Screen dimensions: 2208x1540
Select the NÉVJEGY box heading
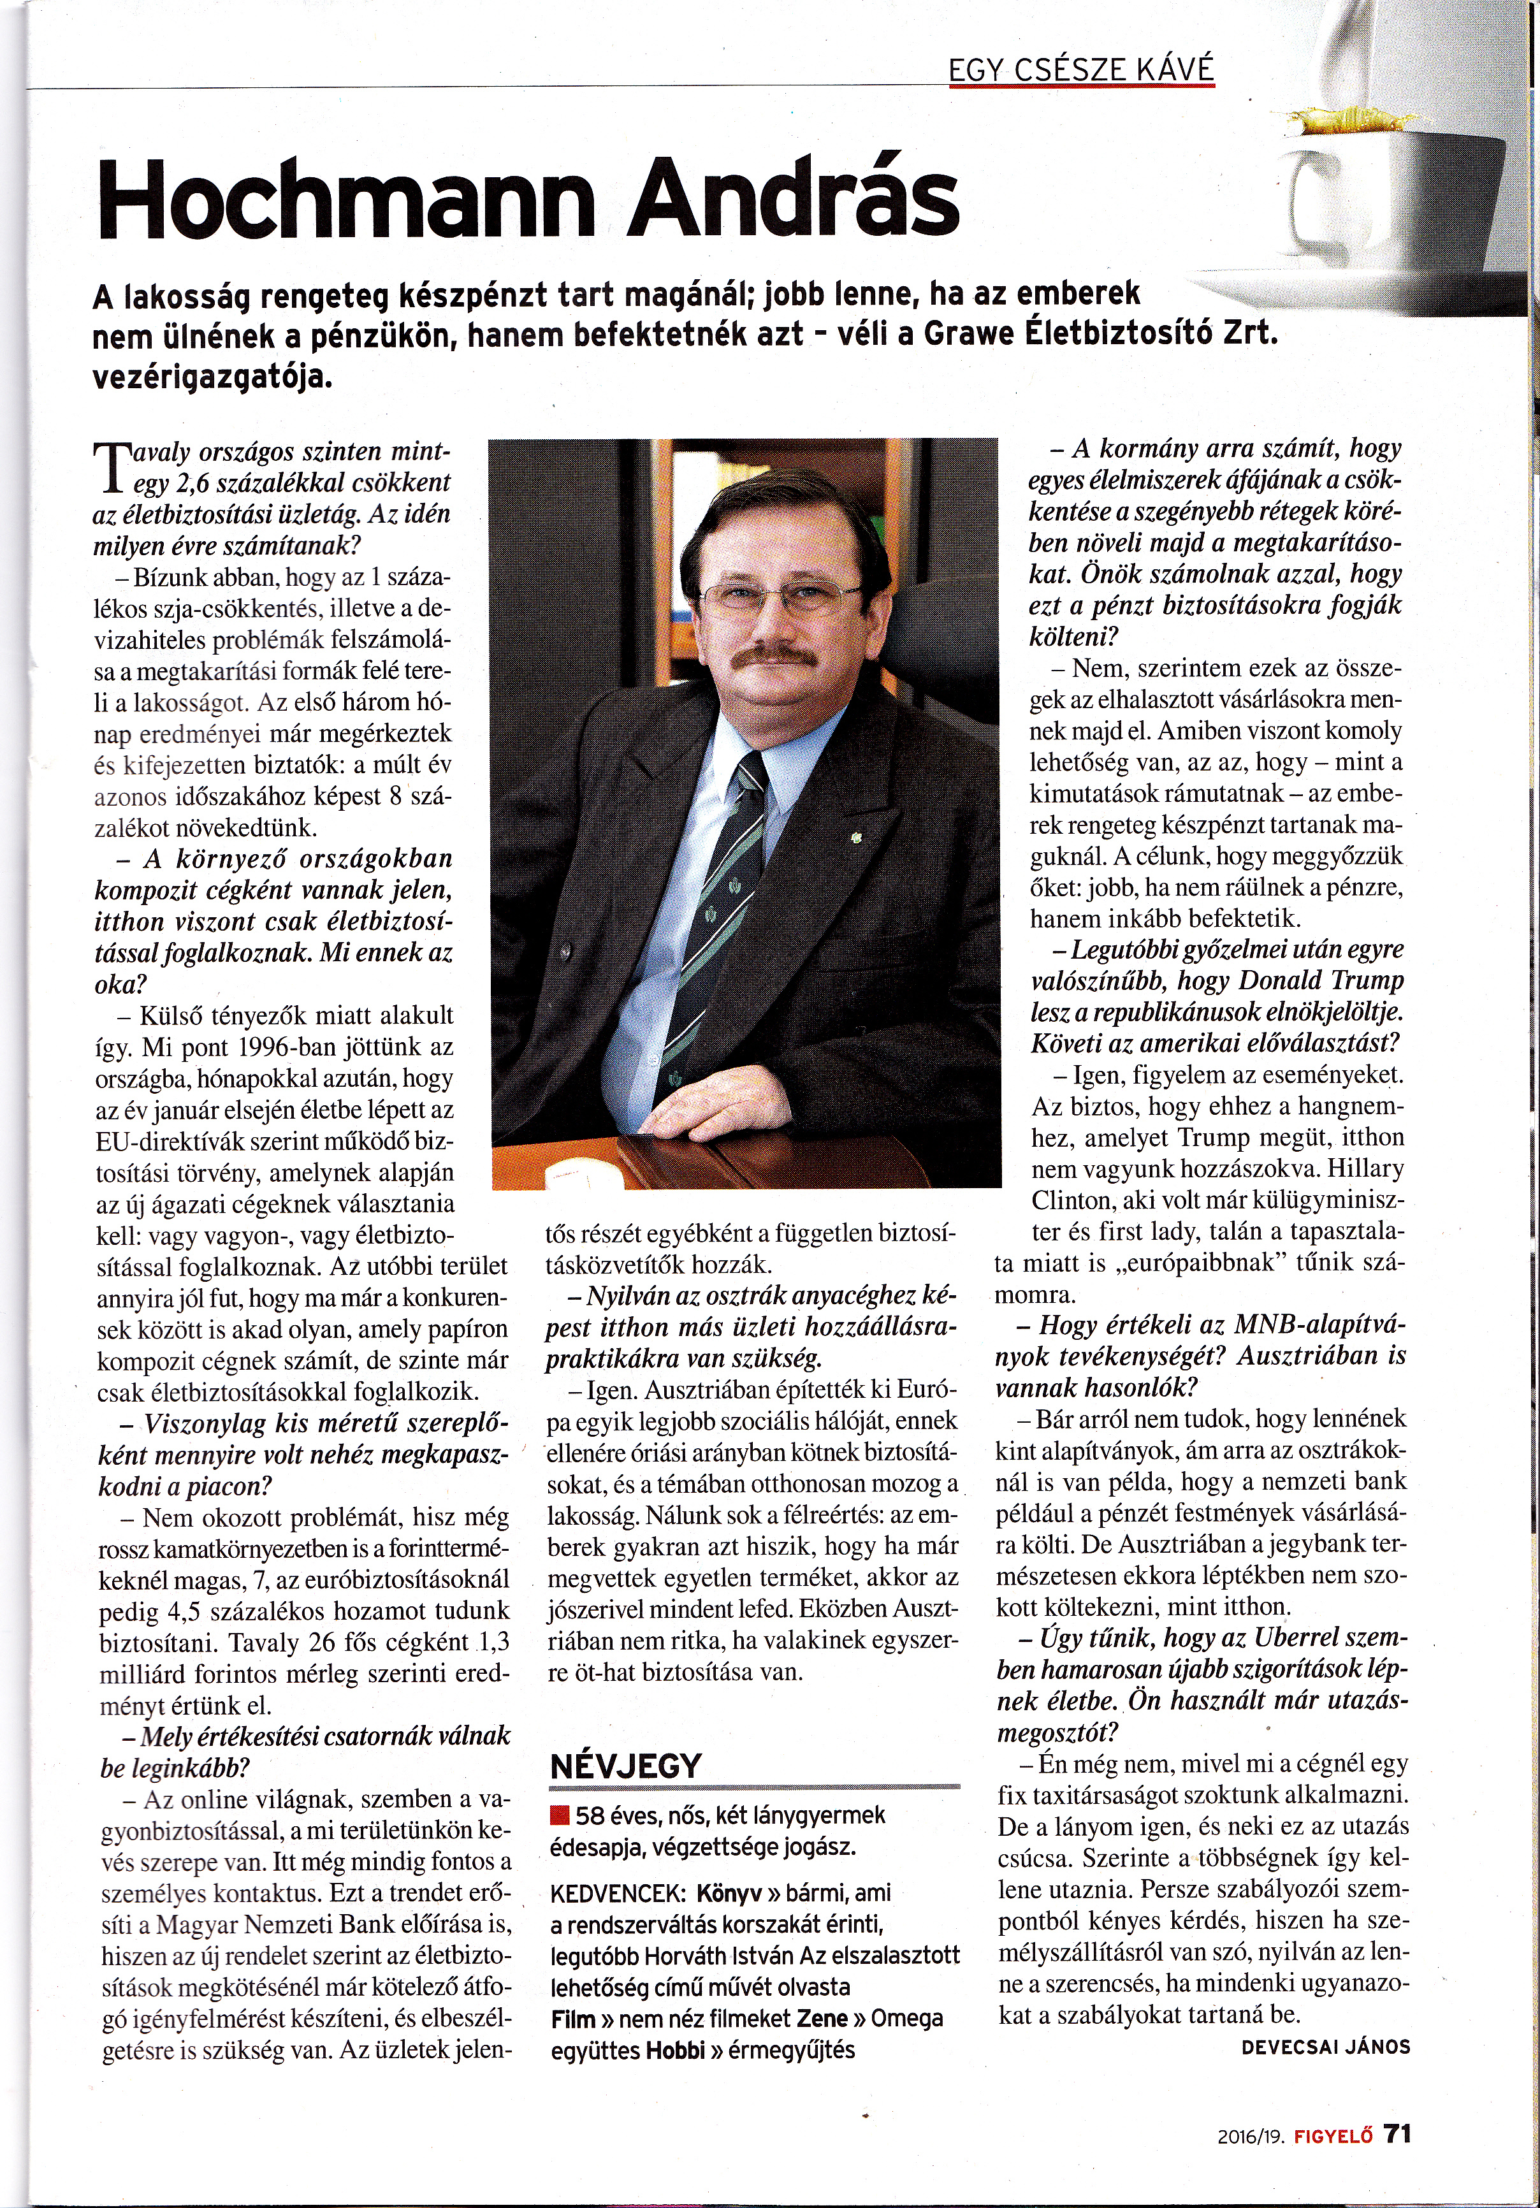pos(625,1766)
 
